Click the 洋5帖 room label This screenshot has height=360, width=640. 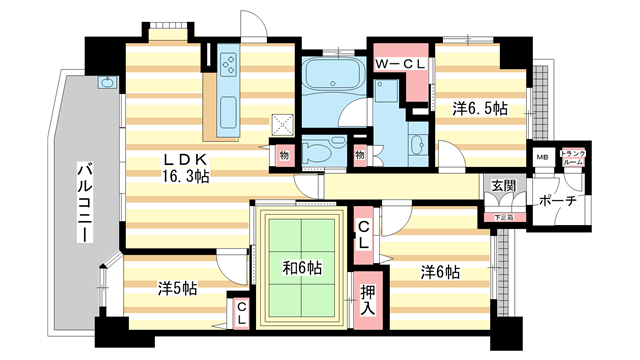(x=176, y=289)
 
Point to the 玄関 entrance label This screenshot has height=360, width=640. (x=501, y=186)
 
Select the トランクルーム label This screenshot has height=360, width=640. (x=573, y=157)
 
